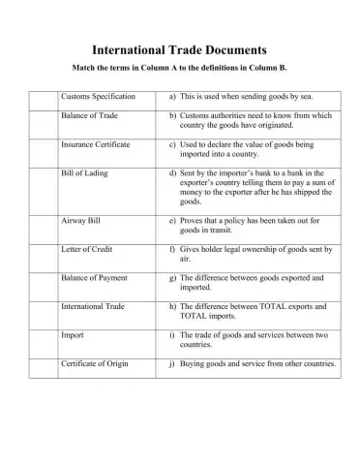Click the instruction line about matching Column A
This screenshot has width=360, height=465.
(x=179, y=68)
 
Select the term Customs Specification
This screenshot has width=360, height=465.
(x=98, y=97)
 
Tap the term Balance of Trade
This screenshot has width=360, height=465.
(x=89, y=115)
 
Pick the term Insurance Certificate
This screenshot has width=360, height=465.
(x=97, y=142)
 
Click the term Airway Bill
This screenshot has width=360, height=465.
(x=81, y=221)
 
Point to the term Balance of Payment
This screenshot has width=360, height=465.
(x=95, y=278)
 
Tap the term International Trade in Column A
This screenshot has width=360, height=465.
(x=95, y=306)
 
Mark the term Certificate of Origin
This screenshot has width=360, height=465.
(x=97, y=364)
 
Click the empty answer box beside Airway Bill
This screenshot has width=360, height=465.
(x=43, y=229)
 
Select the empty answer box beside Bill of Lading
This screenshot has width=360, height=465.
(x=43, y=190)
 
